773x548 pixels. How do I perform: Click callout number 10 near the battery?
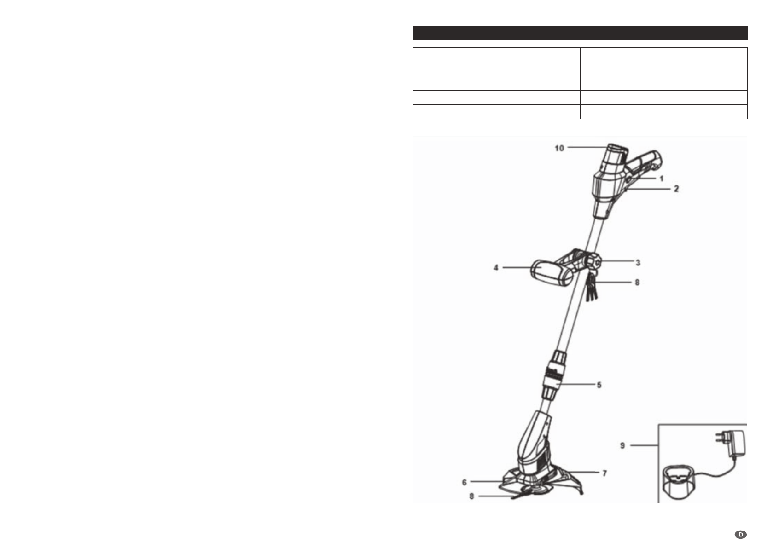click(x=559, y=148)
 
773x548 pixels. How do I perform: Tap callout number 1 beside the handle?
click(x=662, y=179)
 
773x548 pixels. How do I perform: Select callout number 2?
click(x=676, y=189)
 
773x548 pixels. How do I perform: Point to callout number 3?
click(x=638, y=263)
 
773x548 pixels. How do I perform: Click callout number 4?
click(x=496, y=268)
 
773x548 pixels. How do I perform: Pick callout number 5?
click(x=599, y=385)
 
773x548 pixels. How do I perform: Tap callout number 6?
click(x=464, y=483)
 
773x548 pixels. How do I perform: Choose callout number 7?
click(x=604, y=473)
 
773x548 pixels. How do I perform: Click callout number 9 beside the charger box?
click(x=622, y=445)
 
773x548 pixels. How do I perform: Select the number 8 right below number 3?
click(x=637, y=283)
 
